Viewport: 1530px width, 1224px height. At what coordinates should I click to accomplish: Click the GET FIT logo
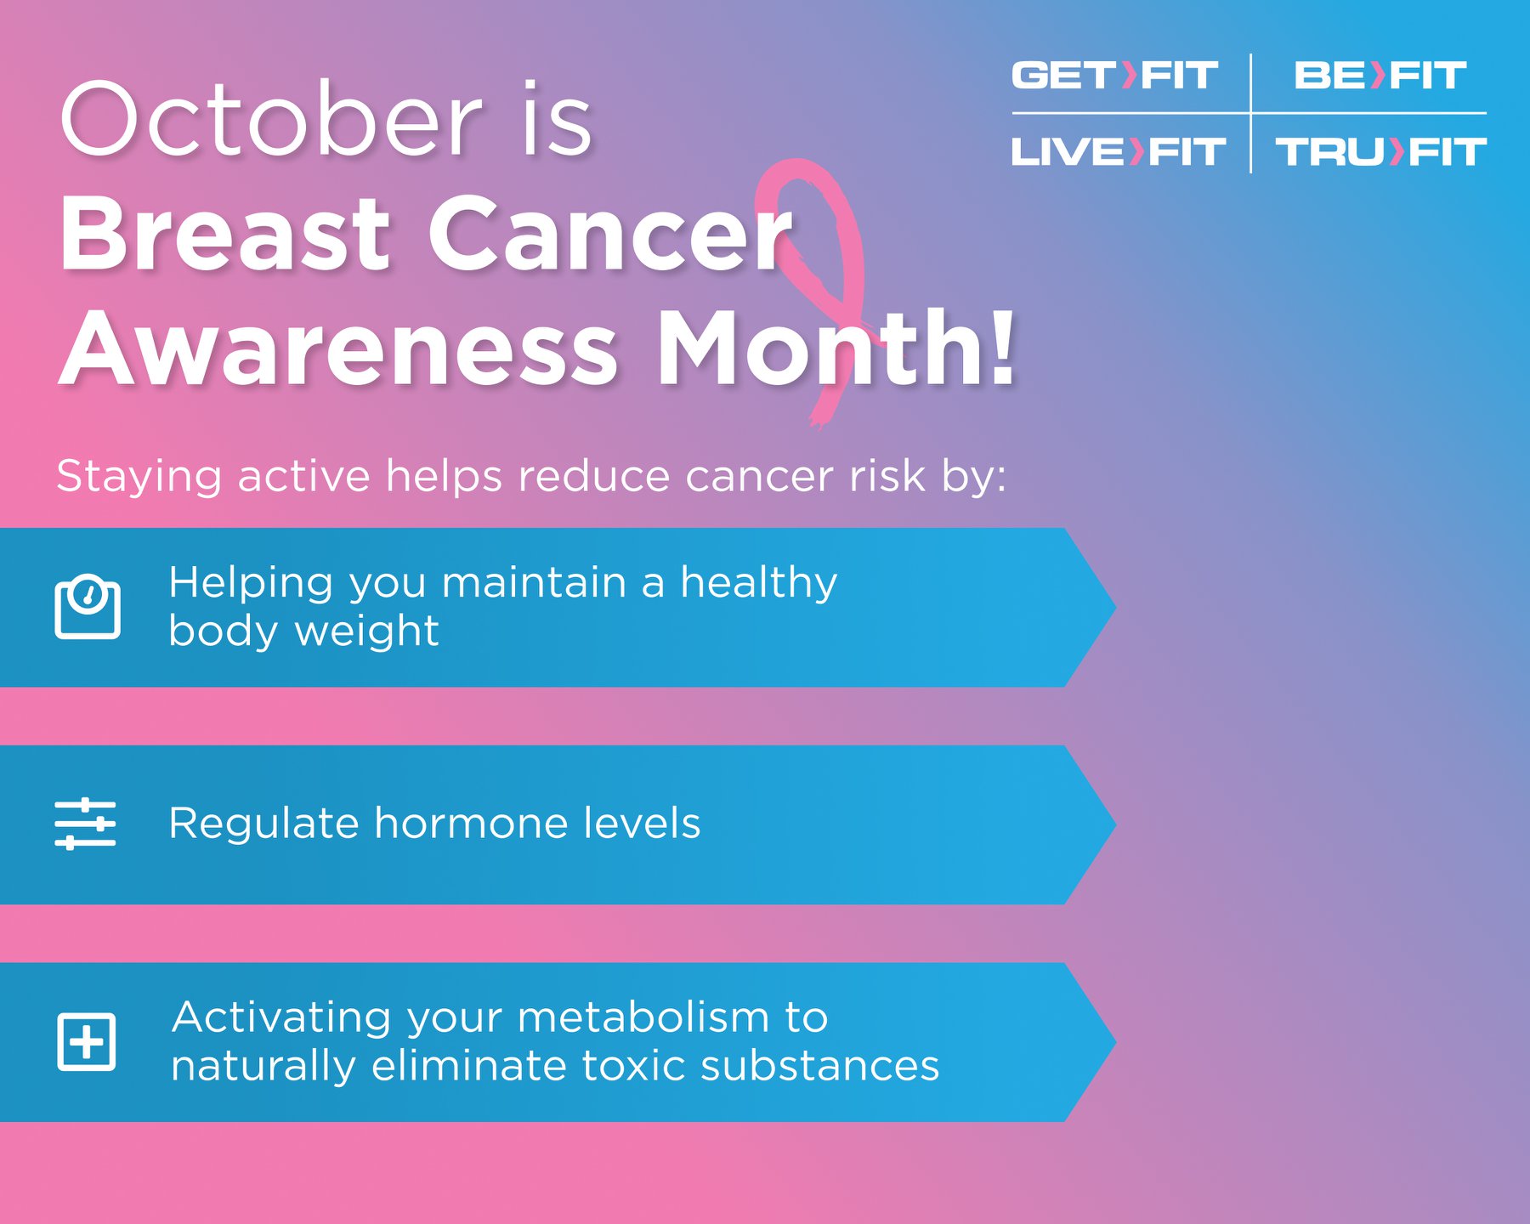[x=1114, y=75]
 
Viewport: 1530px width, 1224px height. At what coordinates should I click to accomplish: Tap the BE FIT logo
[x=1380, y=75]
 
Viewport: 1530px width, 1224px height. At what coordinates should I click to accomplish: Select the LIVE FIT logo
[x=1118, y=152]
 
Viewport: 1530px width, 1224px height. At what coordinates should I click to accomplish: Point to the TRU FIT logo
[x=1381, y=152]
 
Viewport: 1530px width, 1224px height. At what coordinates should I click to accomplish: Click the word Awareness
[x=339, y=349]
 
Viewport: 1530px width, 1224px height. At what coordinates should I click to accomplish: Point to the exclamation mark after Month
[x=1003, y=347]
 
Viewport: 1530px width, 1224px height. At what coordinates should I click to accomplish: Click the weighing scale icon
[x=88, y=606]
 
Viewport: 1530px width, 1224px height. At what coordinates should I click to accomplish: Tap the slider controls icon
[x=85, y=824]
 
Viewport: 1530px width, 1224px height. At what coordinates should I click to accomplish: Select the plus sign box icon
[x=86, y=1041]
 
